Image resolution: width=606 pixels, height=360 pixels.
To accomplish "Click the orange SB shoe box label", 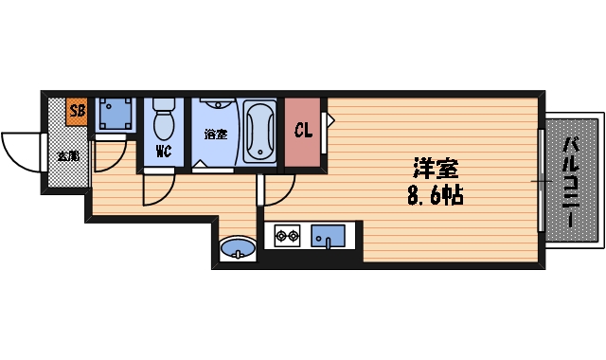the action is click(77, 112).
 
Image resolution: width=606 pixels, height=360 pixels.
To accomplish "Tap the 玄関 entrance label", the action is click(68, 155).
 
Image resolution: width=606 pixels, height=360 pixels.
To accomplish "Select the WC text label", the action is click(162, 151).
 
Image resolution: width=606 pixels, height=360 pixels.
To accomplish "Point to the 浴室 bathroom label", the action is click(215, 134).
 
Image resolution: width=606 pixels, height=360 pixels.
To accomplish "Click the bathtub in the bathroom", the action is click(258, 132).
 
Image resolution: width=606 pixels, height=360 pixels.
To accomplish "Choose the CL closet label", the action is click(303, 131).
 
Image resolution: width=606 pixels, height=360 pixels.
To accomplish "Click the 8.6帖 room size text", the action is click(435, 198).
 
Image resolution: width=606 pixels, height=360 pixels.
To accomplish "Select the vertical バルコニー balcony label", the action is click(571, 180).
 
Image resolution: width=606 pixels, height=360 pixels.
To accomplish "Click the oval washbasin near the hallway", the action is click(236, 250).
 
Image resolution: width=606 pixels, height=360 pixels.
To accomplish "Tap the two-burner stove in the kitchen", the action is click(287, 235).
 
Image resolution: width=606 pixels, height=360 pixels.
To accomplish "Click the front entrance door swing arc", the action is click(21, 152).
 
